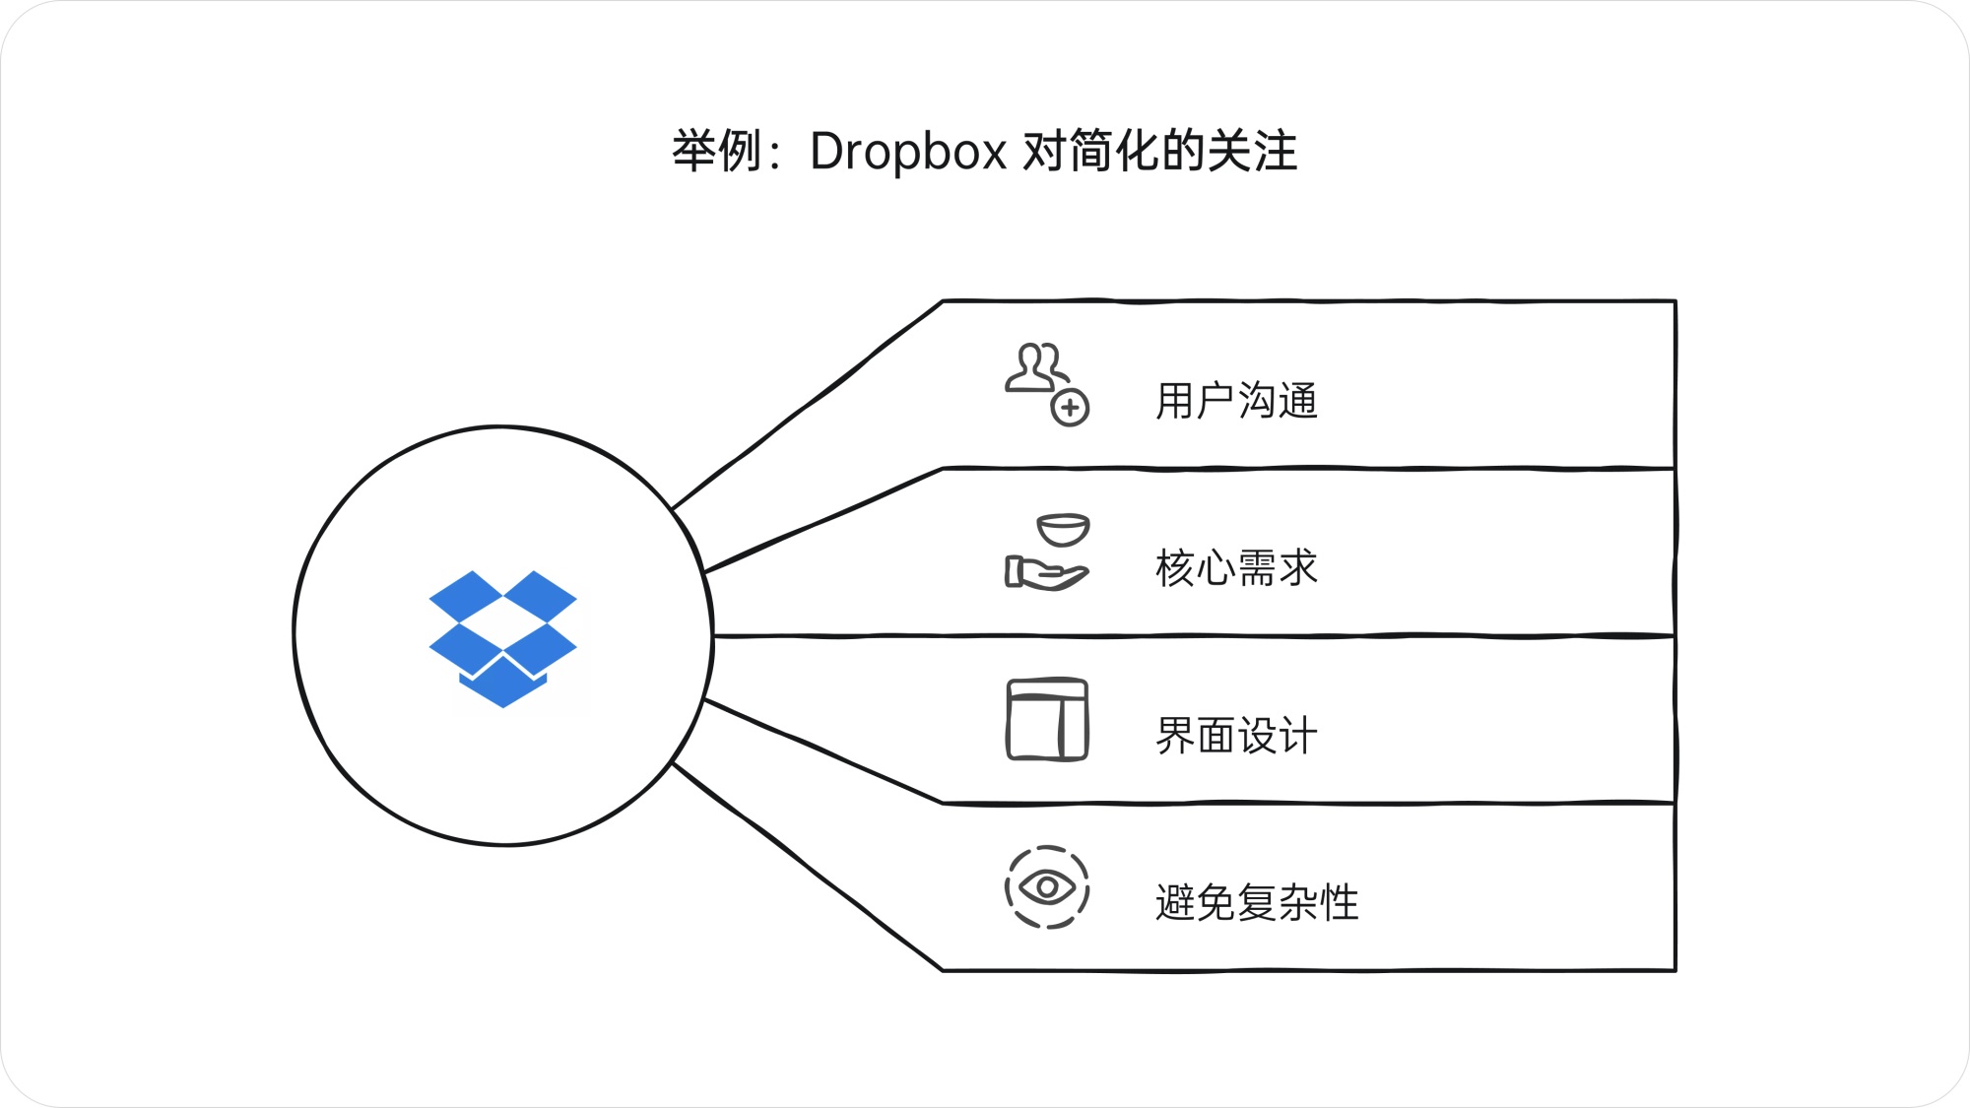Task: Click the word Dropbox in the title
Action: coord(907,152)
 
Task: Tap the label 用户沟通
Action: coord(1236,401)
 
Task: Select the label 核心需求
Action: coord(1236,568)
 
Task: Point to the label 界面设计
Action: coord(1236,736)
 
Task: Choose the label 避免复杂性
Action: coord(1257,903)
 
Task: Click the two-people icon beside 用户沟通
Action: coord(1034,368)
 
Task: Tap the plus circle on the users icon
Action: coord(1070,407)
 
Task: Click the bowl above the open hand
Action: coord(1063,530)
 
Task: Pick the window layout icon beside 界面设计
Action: coord(1047,720)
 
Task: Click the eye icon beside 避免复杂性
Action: coord(1047,887)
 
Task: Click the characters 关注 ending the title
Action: coord(1252,152)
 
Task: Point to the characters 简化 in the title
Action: coord(1114,152)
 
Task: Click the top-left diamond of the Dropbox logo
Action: coord(466,596)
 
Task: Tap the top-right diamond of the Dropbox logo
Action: coord(540,596)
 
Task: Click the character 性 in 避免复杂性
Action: coord(1340,903)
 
